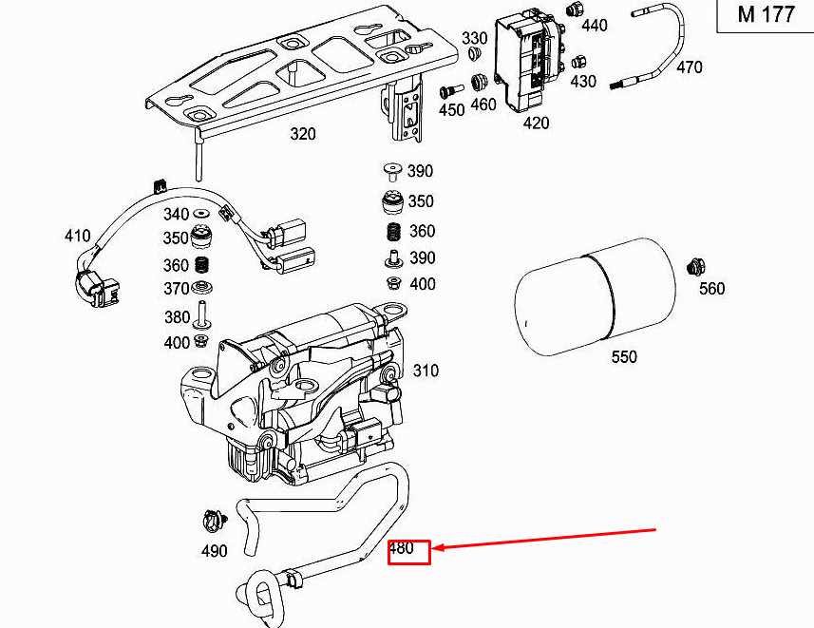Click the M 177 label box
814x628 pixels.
coord(766,16)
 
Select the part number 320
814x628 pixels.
coord(302,135)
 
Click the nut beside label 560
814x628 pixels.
coord(695,267)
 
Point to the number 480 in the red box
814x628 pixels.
coord(402,548)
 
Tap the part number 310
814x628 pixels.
coord(426,371)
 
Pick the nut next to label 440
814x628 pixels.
coord(574,10)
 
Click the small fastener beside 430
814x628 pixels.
coord(577,62)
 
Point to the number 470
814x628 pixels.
coord(690,67)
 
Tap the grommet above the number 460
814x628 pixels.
coord(479,79)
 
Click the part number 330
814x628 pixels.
coord(474,38)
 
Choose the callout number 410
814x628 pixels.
coord(77,236)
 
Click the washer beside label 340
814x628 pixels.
coord(201,214)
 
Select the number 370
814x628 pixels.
coord(176,289)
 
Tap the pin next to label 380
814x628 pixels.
coord(201,313)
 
